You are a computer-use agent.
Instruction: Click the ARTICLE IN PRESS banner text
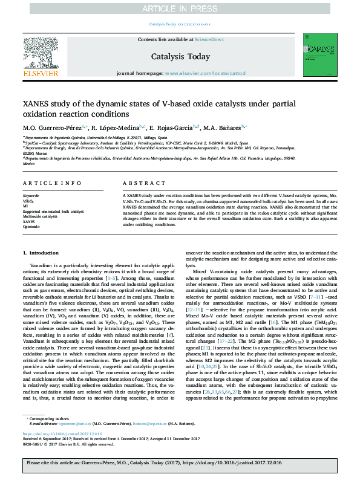[x=180, y=8]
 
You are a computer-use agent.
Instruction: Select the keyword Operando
[x=31, y=226]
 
